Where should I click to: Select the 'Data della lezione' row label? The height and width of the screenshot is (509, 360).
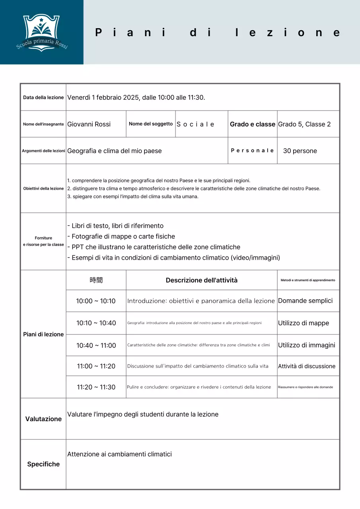pyautogui.click(x=43, y=97)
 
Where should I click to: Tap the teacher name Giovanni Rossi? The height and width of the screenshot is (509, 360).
pyautogui.click(x=89, y=124)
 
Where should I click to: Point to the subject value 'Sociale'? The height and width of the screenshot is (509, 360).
pyautogui.click(x=195, y=124)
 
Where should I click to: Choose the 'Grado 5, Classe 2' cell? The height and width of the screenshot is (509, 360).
pyautogui.click(x=304, y=124)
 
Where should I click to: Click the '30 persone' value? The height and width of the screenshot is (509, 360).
pyautogui.click(x=300, y=151)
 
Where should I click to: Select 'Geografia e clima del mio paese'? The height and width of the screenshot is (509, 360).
pyautogui.click(x=115, y=151)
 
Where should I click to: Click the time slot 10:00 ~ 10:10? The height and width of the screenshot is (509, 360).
pyautogui.click(x=96, y=301)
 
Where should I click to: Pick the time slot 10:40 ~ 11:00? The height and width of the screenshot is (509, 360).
pyautogui.click(x=96, y=346)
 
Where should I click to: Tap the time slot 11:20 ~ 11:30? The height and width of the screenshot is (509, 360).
pyautogui.click(x=96, y=387)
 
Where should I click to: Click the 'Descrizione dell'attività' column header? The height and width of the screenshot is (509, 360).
pyautogui.click(x=202, y=280)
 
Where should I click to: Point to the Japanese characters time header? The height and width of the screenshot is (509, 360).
pyautogui.click(x=96, y=280)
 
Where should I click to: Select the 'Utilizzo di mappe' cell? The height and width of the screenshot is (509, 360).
pyautogui.click(x=304, y=323)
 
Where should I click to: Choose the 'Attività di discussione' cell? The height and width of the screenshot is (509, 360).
pyautogui.click(x=307, y=366)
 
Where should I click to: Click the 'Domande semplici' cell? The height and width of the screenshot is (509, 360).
pyautogui.click(x=306, y=301)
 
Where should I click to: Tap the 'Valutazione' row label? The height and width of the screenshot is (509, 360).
pyautogui.click(x=43, y=419)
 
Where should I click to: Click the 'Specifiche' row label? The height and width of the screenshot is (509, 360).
pyautogui.click(x=43, y=464)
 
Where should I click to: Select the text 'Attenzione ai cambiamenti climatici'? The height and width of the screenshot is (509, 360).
pyautogui.click(x=119, y=454)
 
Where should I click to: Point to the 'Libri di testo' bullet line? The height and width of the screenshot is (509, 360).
pyautogui.click(x=115, y=226)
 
